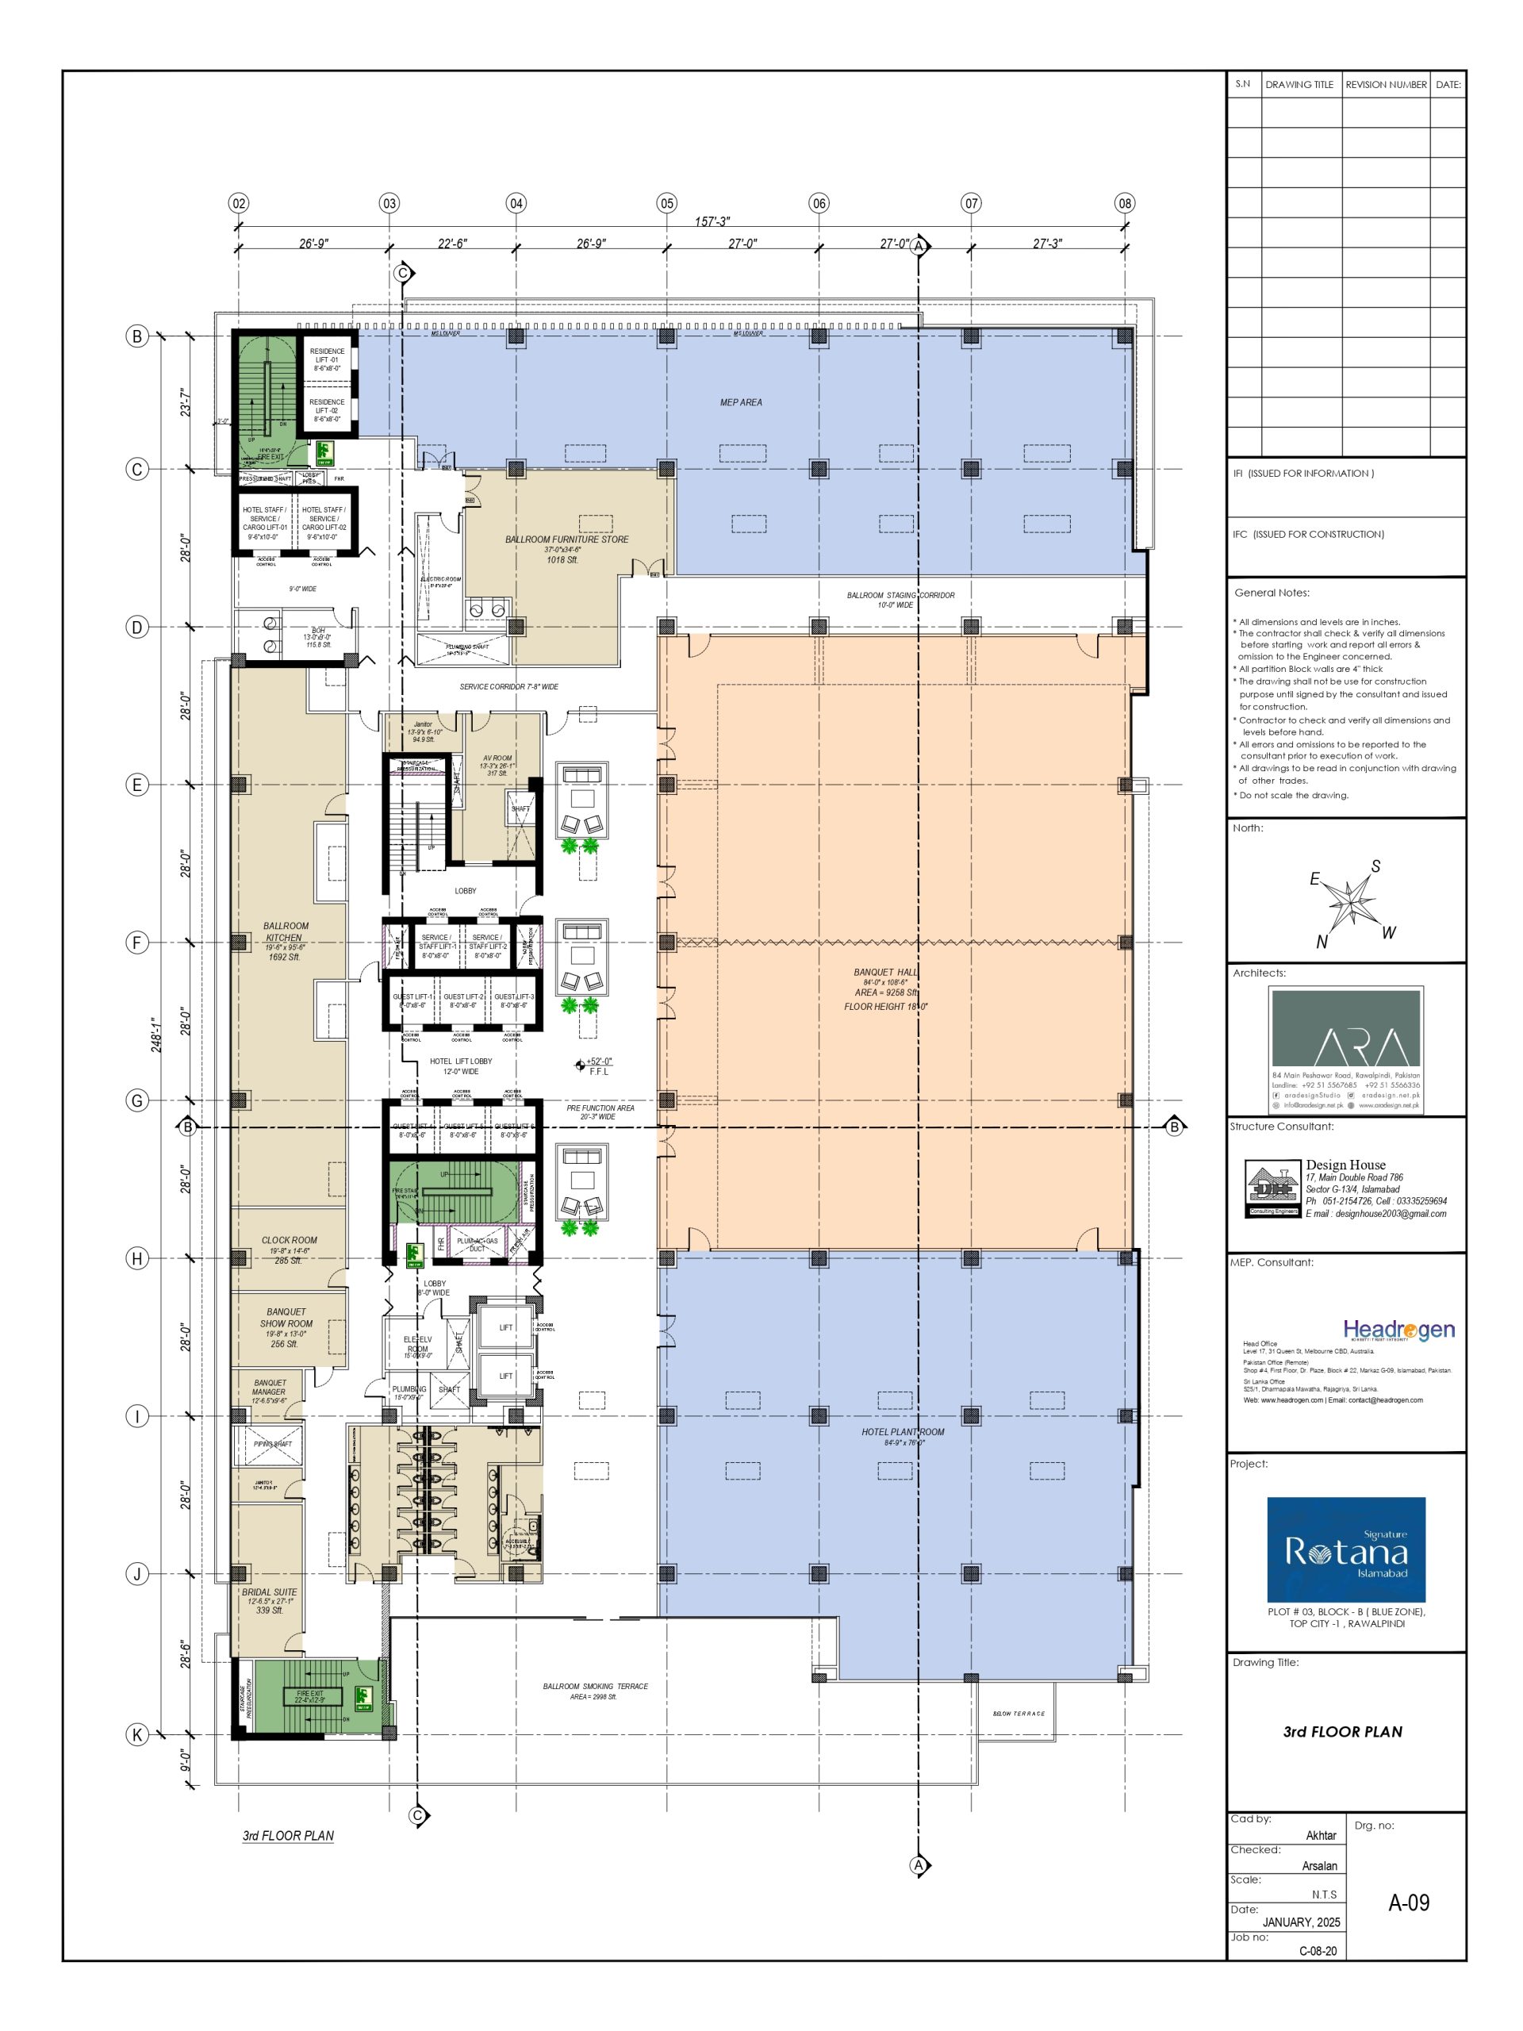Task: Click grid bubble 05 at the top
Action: pyautogui.click(x=666, y=203)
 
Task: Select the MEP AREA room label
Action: pyautogui.click(x=740, y=402)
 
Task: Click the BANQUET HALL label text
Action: pyautogui.click(x=885, y=971)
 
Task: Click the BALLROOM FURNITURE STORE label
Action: pyautogui.click(x=566, y=539)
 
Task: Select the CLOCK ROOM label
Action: pyautogui.click(x=290, y=1239)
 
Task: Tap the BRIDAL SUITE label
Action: pyautogui.click(x=269, y=1592)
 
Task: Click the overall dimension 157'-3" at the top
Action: pyautogui.click(x=712, y=221)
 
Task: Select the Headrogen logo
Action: pyautogui.click(x=1398, y=1330)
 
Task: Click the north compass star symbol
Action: pyautogui.click(x=1349, y=901)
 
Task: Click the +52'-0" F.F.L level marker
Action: pyautogui.click(x=595, y=1065)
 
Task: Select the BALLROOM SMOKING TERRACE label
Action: pyautogui.click(x=595, y=1686)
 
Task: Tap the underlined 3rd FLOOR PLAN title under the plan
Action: pyautogui.click(x=287, y=1835)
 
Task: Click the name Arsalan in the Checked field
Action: pyautogui.click(x=1318, y=1866)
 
